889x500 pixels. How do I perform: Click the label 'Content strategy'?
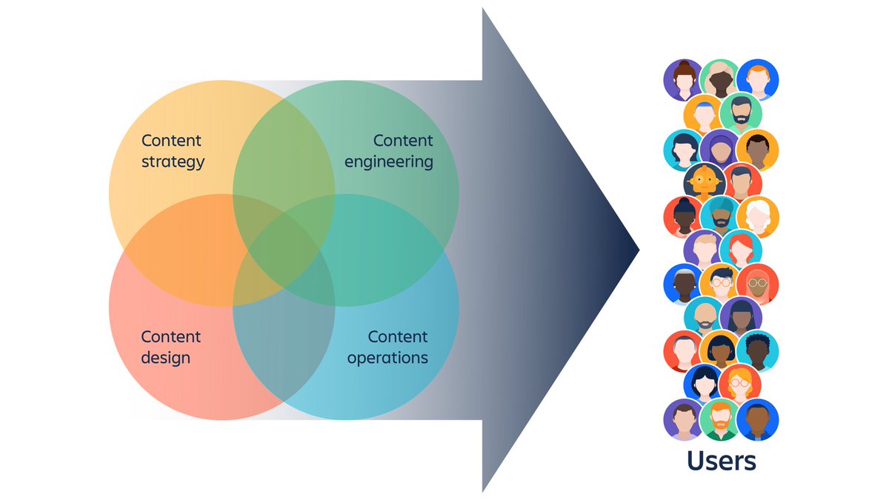click(172, 151)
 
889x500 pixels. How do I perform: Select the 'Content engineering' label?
click(389, 151)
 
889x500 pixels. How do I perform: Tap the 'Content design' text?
click(170, 347)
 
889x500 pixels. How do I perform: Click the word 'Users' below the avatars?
click(721, 461)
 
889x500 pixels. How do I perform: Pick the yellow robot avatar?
click(704, 182)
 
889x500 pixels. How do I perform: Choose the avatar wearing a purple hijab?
click(720, 149)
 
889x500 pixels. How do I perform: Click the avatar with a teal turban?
click(720, 216)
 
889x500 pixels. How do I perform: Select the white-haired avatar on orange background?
click(757, 216)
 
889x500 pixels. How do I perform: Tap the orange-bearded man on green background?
click(720, 419)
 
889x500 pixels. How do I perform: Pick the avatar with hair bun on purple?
click(684, 80)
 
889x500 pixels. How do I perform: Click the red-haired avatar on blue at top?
click(757, 80)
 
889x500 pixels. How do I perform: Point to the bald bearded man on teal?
click(704, 317)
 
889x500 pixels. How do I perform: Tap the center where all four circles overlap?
click(284, 250)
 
